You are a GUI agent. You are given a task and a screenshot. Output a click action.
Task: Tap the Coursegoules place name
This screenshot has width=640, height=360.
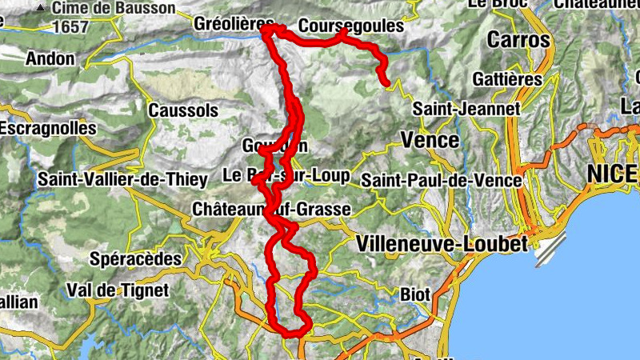tap(350, 26)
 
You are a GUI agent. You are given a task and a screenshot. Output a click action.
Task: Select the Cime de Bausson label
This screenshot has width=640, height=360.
tap(114, 8)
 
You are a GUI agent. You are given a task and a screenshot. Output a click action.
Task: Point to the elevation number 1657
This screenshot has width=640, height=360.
tap(71, 27)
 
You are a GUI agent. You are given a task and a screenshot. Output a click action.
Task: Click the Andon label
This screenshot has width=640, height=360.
tap(50, 58)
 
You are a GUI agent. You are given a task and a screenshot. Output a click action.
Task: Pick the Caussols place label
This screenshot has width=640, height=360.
tap(183, 109)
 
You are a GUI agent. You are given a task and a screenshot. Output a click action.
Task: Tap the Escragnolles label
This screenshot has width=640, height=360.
tap(48, 127)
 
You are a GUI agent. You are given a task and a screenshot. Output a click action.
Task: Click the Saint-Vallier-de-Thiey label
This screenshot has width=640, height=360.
tap(122, 180)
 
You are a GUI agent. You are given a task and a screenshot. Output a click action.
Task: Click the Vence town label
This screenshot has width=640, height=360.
tap(430, 140)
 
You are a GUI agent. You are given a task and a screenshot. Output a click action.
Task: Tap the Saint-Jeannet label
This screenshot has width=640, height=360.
tap(466, 108)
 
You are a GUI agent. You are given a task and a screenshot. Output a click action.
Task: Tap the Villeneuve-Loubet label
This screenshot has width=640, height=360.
tap(444, 242)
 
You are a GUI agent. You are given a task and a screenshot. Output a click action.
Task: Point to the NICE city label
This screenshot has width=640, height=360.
tap(613, 173)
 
